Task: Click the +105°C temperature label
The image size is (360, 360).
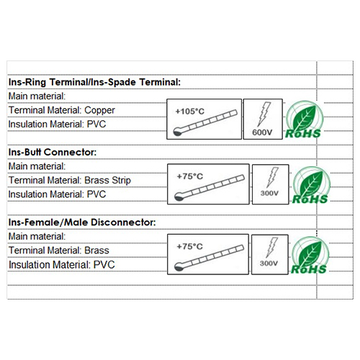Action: point(190,112)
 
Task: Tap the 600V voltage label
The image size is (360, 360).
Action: point(262,132)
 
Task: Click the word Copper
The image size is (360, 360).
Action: point(99,111)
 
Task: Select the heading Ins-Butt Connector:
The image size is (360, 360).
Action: point(53,152)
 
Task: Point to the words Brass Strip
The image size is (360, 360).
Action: point(108,180)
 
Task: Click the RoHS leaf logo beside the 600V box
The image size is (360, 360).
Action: point(304,120)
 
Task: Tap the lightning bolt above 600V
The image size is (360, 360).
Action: point(264,114)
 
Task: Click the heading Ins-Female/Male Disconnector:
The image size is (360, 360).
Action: point(82,222)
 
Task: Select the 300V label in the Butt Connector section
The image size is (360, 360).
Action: point(269,193)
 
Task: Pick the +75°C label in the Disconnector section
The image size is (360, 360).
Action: point(189,246)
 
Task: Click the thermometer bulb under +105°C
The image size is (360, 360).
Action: point(178,132)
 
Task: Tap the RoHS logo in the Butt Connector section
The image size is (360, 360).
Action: point(310,185)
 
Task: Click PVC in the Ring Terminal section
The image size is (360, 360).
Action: point(96,125)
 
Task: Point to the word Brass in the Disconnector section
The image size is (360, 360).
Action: point(96,251)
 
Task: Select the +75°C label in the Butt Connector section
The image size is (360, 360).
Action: point(190,176)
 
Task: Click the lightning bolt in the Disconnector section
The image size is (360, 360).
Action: point(271,248)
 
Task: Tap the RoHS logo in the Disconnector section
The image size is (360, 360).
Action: point(310,256)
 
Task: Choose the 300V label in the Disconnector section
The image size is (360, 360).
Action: point(269,264)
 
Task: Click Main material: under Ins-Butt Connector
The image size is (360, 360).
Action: point(37,166)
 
